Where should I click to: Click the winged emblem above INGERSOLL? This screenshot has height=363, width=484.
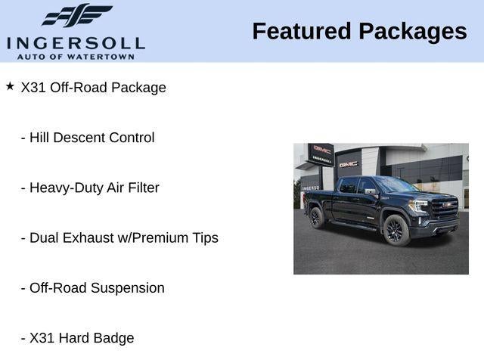77,15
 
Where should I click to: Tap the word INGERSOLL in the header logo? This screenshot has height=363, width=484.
76,44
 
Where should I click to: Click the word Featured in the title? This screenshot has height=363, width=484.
302,31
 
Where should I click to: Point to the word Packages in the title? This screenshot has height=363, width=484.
413,33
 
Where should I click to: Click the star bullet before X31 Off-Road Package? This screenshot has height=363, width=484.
10,86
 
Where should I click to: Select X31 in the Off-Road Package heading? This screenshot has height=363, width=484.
33,88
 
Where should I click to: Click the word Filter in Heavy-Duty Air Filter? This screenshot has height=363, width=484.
144,188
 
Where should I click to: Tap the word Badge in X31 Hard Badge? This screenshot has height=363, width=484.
113,339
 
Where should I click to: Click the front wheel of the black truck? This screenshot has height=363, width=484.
396,230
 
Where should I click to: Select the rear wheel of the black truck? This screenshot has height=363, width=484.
317,218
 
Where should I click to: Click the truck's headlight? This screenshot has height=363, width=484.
418,206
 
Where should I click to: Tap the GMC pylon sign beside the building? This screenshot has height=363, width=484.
321,154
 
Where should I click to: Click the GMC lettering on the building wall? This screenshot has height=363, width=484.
349,165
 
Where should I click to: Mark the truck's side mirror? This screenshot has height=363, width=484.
371,191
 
